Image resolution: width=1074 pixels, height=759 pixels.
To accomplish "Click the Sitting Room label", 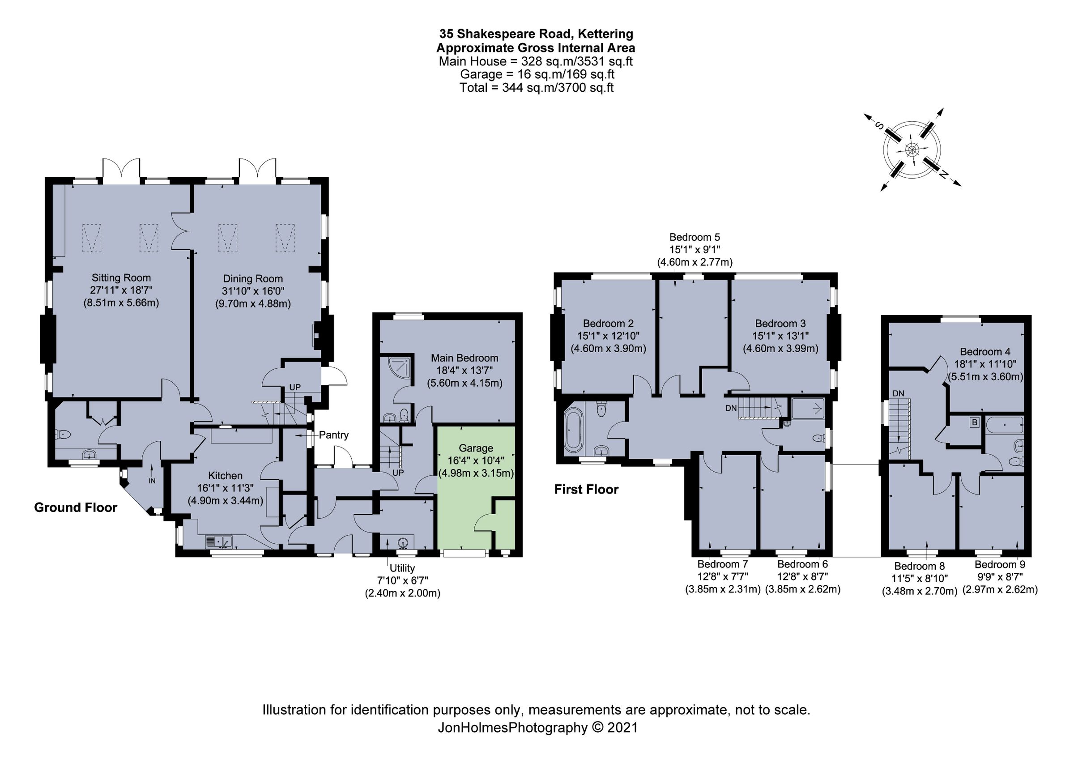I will click(x=121, y=278).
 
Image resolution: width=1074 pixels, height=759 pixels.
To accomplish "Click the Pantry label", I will click(x=333, y=435).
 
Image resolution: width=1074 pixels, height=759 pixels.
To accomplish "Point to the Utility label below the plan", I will click(x=402, y=568).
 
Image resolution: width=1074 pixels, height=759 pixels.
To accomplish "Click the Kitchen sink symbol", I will click(x=219, y=542).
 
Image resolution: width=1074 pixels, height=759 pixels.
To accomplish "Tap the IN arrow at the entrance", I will click(x=152, y=473).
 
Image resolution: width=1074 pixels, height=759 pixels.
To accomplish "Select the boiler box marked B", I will click(x=974, y=423).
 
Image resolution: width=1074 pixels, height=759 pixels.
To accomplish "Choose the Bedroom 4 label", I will click(x=984, y=352).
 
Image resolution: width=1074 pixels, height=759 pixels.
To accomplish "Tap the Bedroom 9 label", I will click(x=1000, y=564).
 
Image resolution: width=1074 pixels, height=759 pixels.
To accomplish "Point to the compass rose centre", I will click(x=912, y=150).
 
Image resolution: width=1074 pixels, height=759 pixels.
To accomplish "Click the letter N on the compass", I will click(x=944, y=175).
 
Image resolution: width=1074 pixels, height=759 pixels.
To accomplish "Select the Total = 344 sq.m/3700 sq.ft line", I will click(x=536, y=87).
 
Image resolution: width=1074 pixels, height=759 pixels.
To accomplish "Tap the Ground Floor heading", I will click(x=75, y=507).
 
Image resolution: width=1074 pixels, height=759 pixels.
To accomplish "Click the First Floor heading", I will click(x=586, y=489).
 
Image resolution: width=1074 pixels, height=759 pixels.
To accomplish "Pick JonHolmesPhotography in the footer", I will click(x=512, y=727).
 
